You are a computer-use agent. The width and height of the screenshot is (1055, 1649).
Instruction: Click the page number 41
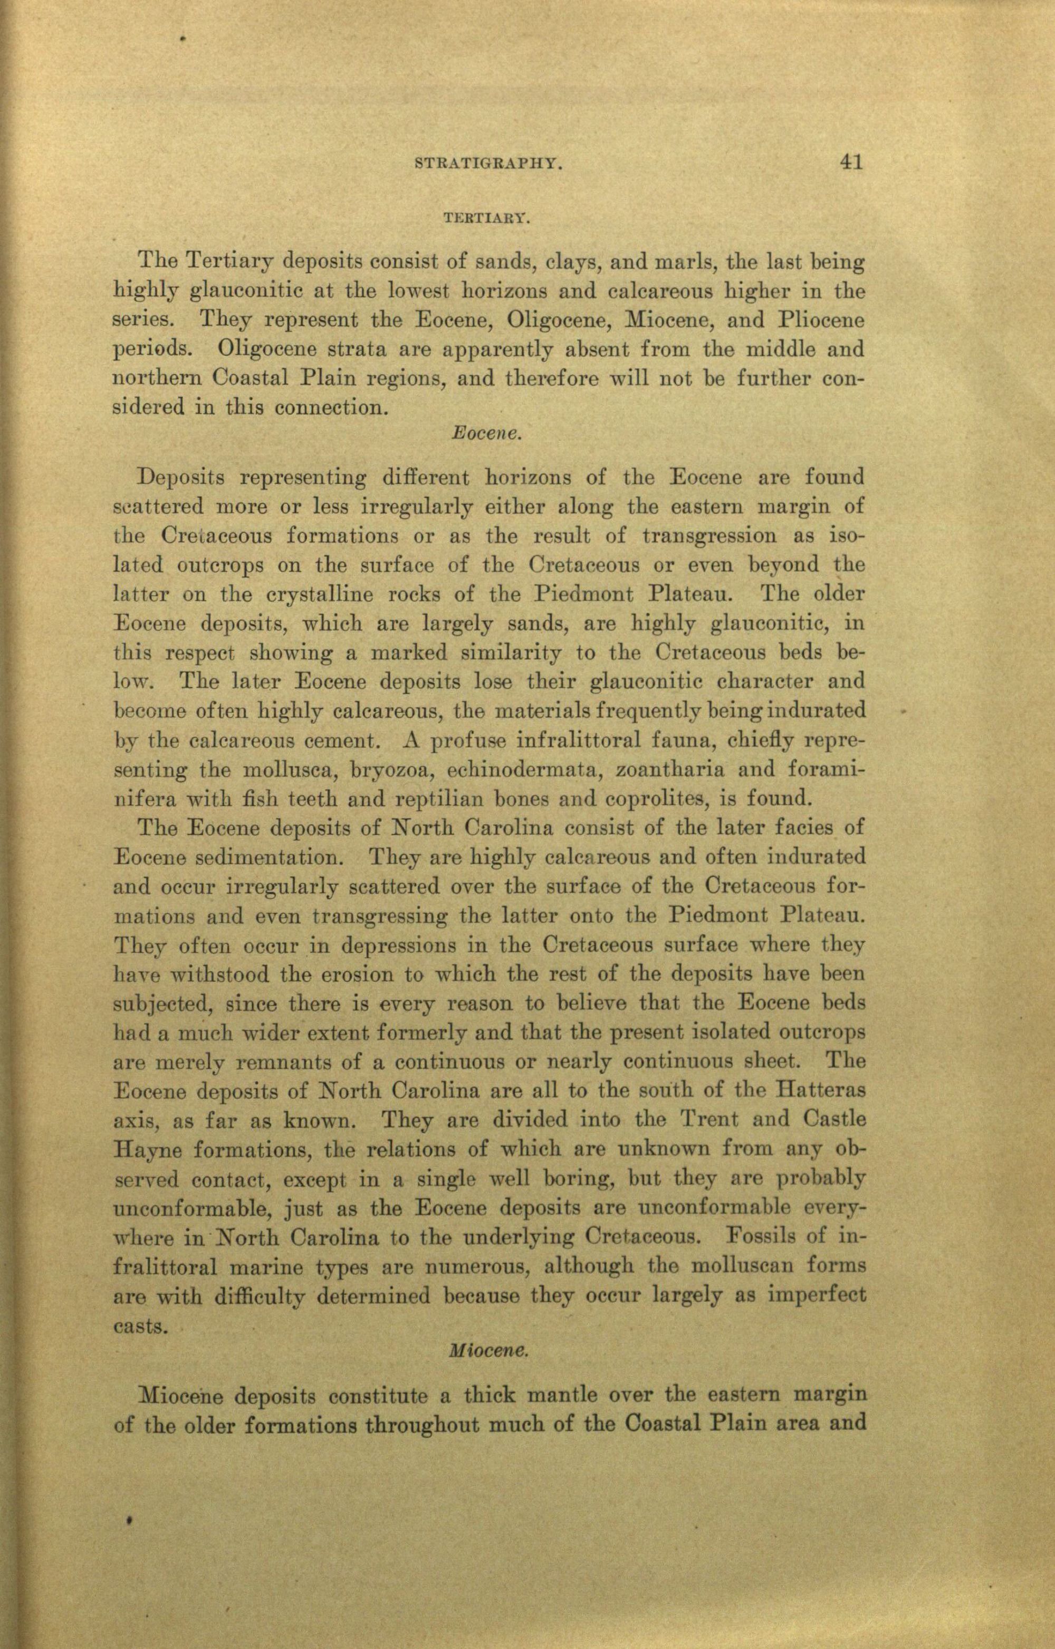(x=848, y=163)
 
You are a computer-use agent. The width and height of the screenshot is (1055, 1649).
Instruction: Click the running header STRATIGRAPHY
(x=489, y=165)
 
